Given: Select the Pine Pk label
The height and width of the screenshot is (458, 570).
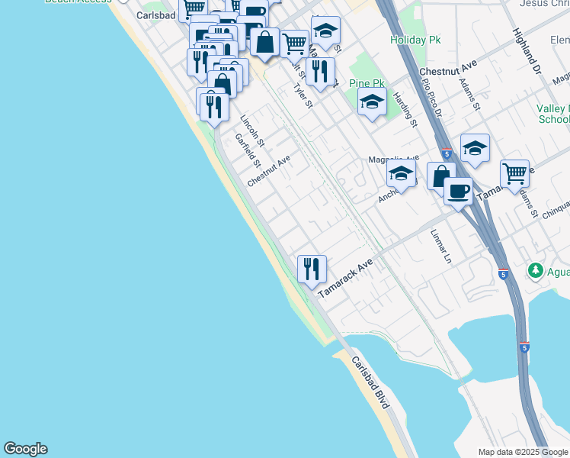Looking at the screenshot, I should coord(366,83).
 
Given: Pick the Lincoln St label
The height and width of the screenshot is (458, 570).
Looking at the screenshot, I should coord(251,131).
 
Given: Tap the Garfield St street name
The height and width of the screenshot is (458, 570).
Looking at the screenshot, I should coord(248,151).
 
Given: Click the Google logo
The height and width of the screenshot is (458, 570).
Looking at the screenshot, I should coord(25,449).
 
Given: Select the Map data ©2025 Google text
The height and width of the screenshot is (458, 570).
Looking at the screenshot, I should coord(523,452).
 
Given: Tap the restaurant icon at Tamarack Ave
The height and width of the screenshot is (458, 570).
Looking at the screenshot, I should coord(312,269).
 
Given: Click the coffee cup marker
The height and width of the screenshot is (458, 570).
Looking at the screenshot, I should coord(458,191).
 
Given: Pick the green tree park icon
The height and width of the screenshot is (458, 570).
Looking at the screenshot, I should coord(536,271).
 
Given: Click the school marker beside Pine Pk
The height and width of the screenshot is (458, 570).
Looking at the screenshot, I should coord(372,102).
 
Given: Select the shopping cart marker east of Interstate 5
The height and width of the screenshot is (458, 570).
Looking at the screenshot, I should coord(514,173).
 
